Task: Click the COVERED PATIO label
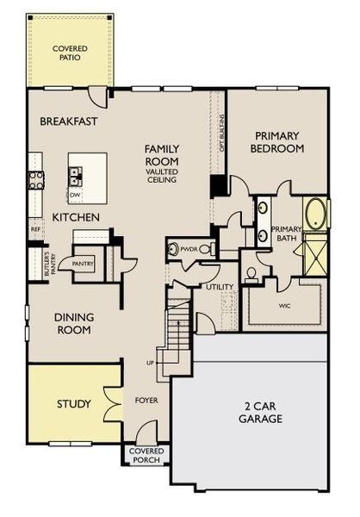[70, 53]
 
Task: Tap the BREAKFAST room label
[70, 121]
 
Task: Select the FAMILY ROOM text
[161, 154]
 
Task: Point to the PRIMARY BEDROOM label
[276, 142]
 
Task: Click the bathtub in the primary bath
[315, 213]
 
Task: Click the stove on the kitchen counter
[37, 180]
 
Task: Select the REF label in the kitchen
[35, 230]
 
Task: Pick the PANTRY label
[83, 264]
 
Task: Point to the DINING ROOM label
[74, 323]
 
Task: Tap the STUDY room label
[73, 403]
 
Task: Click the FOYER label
[146, 401]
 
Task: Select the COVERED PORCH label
[145, 456]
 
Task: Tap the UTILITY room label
[220, 286]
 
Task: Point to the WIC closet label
[284, 305]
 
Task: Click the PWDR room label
[189, 249]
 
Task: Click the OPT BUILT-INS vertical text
[222, 133]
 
